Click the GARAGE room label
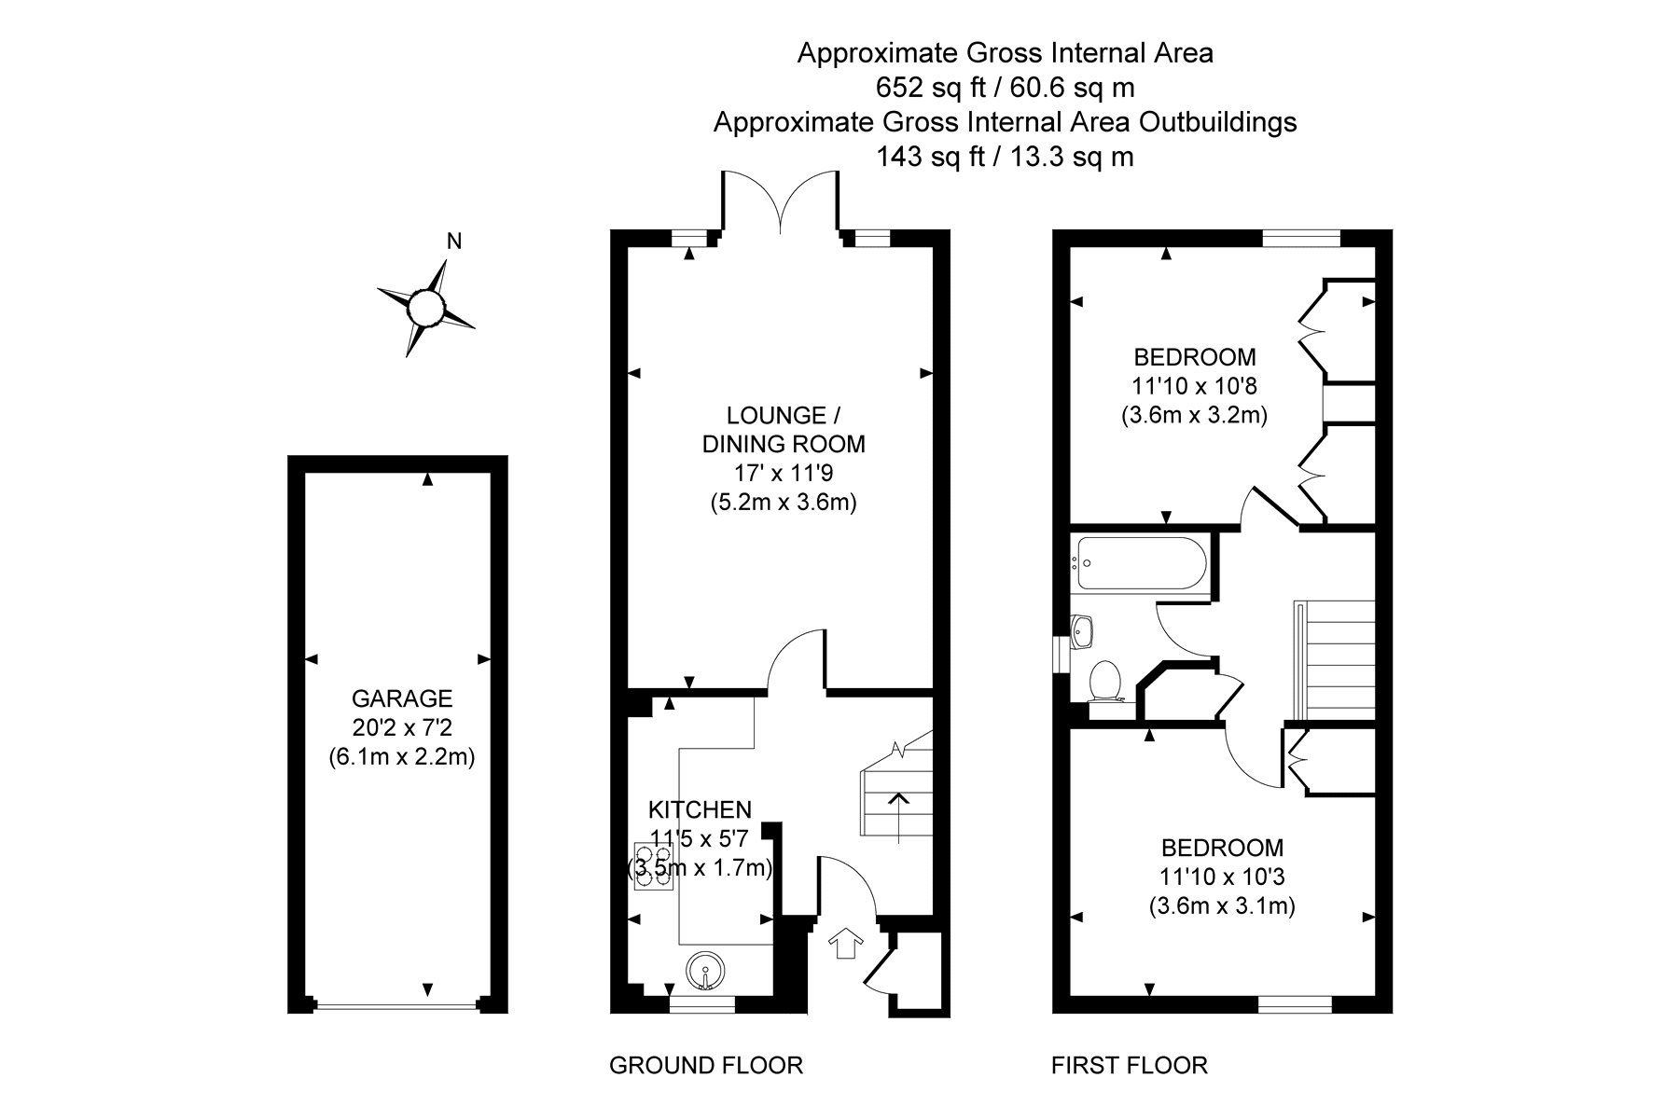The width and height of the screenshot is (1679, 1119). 402,698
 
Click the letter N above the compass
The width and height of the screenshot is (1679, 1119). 454,242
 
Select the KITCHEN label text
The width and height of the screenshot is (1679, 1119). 701,809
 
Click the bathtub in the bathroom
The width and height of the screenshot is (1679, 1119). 1140,562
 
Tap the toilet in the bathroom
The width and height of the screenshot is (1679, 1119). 1104,681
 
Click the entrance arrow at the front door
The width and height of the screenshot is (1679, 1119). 846,943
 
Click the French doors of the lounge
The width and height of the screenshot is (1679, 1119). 781,200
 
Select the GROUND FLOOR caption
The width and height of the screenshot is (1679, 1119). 706,1065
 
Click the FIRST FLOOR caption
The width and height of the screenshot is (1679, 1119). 1130,1065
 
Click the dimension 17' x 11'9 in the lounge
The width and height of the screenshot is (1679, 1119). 784,473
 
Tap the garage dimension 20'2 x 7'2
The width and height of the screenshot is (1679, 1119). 402,727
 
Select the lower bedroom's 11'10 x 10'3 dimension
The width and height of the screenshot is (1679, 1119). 1222,877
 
